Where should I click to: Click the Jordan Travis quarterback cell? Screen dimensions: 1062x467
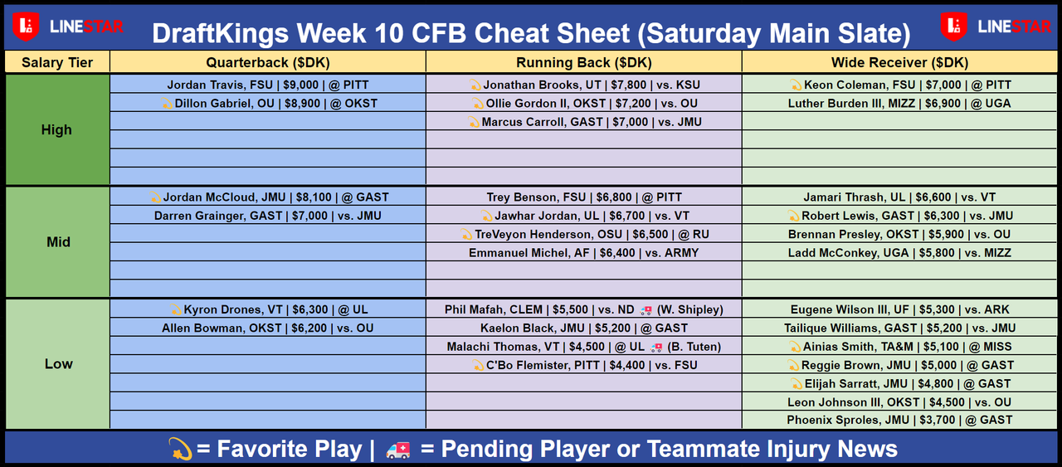(x=268, y=85)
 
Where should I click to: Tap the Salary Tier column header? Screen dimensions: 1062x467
(x=57, y=62)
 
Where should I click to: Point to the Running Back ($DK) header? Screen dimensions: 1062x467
(x=583, y=62)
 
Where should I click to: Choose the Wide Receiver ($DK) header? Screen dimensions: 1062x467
(x=899, y=62)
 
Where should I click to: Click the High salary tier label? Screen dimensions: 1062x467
(x=56, y=129)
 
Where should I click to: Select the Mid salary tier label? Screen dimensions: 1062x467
(x=58, y=242)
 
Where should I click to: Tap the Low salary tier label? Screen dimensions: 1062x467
(x=58, y=363)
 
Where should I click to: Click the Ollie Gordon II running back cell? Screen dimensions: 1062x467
(x=583, y=104)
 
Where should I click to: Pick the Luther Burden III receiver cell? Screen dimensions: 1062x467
(x=899, y=104)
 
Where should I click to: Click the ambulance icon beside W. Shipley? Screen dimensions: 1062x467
(x=645, y=310)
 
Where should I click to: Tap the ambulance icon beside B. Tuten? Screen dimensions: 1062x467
(x=656, y=348)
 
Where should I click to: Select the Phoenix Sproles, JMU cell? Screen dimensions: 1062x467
(x=899, y=420)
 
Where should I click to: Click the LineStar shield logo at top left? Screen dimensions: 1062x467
(x=26, y=27)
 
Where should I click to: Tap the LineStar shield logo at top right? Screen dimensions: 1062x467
(x=954, y=27)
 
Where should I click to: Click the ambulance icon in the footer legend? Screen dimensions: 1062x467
(x=398, y=450)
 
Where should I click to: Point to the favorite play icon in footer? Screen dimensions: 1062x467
(x=181, y=449)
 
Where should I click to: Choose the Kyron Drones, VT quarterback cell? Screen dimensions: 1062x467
(x=268, y=309)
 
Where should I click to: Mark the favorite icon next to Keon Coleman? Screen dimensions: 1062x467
(x=796, y=85)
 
